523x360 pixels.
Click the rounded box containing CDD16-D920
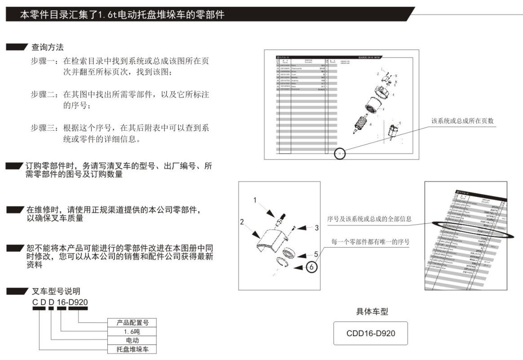tap(371, 333)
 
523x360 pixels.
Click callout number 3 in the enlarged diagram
tap(316, 228)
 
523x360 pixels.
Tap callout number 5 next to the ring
tap(316, 254)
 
